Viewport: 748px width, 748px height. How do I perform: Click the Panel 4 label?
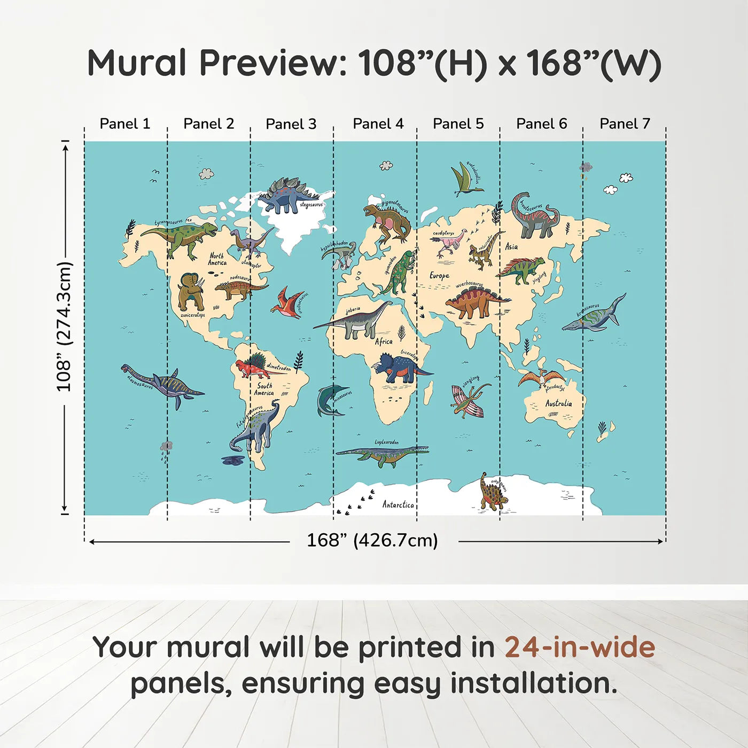pos(378,124)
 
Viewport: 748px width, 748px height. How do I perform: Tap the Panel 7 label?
pos(625,124)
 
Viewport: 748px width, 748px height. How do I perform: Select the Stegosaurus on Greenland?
pos(287,196)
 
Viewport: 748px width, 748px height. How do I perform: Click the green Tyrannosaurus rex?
pos(182,238)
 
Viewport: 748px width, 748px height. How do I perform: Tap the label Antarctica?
pos(398,504)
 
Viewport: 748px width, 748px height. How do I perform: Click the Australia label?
pos(558,403)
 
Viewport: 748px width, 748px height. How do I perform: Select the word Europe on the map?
pos(439,276)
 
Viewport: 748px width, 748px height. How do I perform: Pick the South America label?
pos(264,389)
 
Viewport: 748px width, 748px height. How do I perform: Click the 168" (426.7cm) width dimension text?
pos(372,541)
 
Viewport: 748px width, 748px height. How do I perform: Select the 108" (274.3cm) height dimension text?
pos(64,327)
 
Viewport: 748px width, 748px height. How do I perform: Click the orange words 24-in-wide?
pos(580,648)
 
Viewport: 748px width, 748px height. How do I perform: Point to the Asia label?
pos(511,247)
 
